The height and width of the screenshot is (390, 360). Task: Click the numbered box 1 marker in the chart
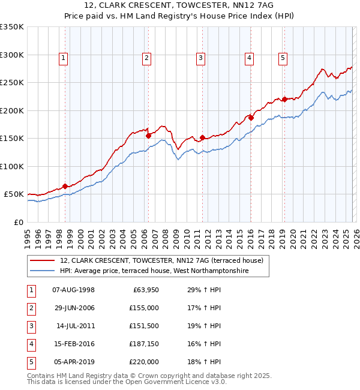coord(63,58)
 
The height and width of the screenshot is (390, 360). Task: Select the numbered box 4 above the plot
coord(248,58)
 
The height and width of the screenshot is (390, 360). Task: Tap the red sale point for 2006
coord(148,136)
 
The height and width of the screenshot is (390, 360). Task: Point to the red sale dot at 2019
coord(284,100)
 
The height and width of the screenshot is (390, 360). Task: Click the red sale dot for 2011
coord(202,137)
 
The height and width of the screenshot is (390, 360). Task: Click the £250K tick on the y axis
coord(12,83)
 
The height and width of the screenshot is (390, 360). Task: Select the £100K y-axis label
coord(12,166)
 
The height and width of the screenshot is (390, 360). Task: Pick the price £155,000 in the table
coord(144,308)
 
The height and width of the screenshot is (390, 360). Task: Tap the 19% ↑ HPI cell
coord(204,326)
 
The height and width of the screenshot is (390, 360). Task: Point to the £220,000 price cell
coord(144,362)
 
